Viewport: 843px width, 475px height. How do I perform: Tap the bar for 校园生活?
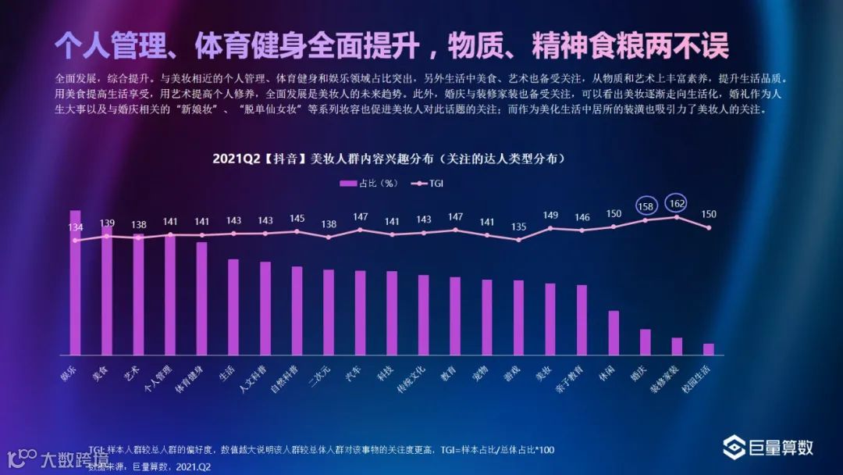(709, 349)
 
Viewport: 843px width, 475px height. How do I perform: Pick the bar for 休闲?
(614, 333)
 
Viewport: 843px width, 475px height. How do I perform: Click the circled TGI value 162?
(677, 203)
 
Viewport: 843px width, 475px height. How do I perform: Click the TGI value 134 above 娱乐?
(75, 227)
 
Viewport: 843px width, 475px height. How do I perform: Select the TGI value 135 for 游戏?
(518, 227)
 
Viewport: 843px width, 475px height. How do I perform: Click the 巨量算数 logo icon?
(735, 448)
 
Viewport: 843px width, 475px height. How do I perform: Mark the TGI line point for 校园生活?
(709, 227)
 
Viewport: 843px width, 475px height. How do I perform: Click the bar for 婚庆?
(645, 342)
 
